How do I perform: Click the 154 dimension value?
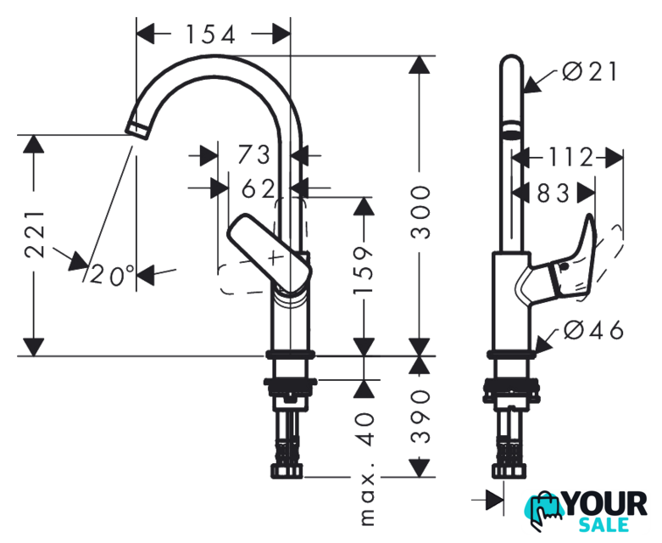pos(210,35)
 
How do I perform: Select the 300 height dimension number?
pos(420,212)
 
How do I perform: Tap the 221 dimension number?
pos(35,233)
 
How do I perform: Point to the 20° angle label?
pos(112,275)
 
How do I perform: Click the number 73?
pos(253,154)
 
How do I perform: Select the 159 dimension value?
pos(364,271)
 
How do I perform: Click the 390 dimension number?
pos(420,417)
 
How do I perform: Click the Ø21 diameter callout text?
pos(590,72)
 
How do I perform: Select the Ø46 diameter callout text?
pos(593,330)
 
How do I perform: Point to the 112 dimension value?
pos(570,157)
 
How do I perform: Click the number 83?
pos(553,194)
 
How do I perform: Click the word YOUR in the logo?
pos(605,505)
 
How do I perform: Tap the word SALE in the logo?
pos(604,525)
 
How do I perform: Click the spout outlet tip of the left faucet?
pos(137,129)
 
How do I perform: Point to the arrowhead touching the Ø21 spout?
pos(532,84)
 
